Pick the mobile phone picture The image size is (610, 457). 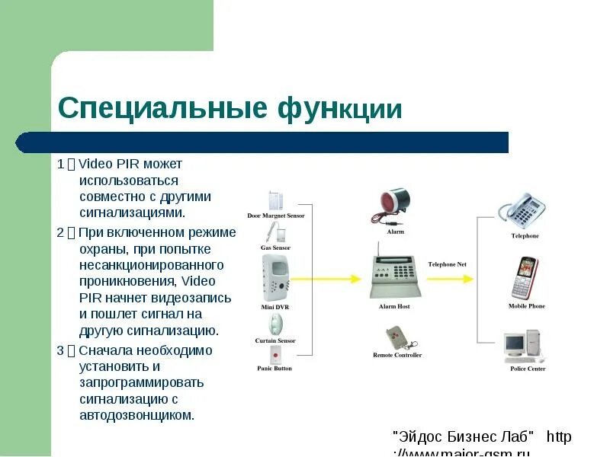pyautogui.click(x=525, y=278)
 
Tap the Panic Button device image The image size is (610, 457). pyautogui.click(x=275, y=356)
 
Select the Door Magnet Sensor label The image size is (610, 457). pyautogui.click(x=275, y=216)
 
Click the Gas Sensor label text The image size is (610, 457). pyautogui.click(x=275, y=248)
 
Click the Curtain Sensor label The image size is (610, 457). pyautogui.click(x=275, y=340)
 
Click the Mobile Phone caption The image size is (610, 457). pyautogui.click(x=526, y=306)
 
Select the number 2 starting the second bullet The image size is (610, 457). pyautogui.click(x=60, y=232)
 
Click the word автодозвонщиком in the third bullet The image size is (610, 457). pyautogui.click(x=137, y=415)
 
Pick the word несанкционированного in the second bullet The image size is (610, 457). pyautogui.click(x=151, y=265)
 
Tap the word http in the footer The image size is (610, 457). pyautogui.click(x=559, y=437)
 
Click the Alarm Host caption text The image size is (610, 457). pyautogui.click(x=394, y=306)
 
